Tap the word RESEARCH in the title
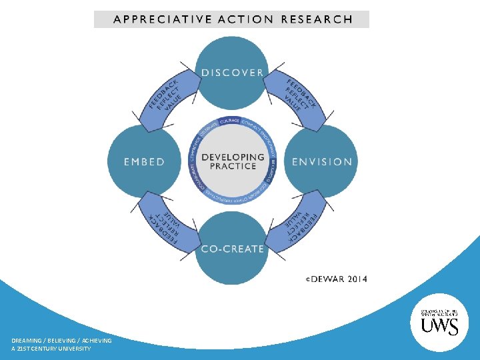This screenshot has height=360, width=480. click(x=317, y=19)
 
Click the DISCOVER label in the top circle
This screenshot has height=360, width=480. click(x=232, y=72)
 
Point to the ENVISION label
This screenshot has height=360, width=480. click(x=322, y=161)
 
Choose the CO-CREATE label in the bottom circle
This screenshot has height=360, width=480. click(x=232, y=249)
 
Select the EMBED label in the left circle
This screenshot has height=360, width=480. click(x=143, y=161)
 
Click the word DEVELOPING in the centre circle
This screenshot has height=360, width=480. click(x=233, y=157)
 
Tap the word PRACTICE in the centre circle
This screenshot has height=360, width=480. click(x=233, y=167)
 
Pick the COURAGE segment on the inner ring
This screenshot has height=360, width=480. click(x=230, y=122)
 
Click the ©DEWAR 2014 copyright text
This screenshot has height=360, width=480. click(x=336, y=279)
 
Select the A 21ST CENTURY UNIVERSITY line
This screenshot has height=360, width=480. click(x=51, y=349)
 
